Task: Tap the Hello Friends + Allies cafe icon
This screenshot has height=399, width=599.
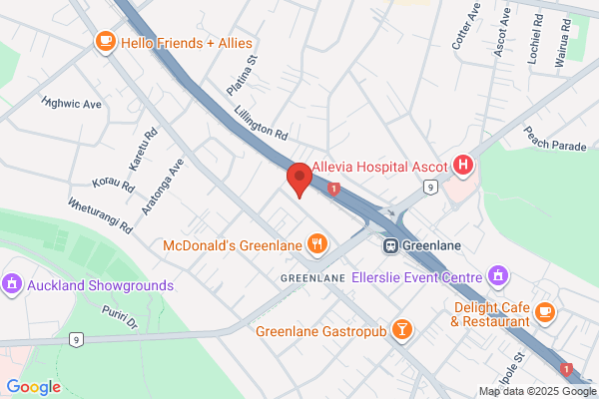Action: pos(104,42)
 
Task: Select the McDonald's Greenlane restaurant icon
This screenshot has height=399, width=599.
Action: pos(317,243)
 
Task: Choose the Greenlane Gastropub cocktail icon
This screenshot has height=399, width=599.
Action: pos(401,330)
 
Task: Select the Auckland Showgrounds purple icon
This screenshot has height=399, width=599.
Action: pos(13,284)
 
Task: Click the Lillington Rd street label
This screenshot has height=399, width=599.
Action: pos(262,124)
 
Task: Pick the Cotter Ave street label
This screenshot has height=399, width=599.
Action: pos(465,29)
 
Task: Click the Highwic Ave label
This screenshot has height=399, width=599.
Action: pos(72,103)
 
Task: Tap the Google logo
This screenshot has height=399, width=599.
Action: pos(33,387)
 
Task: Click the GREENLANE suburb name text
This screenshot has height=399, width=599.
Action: pos(312,276)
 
